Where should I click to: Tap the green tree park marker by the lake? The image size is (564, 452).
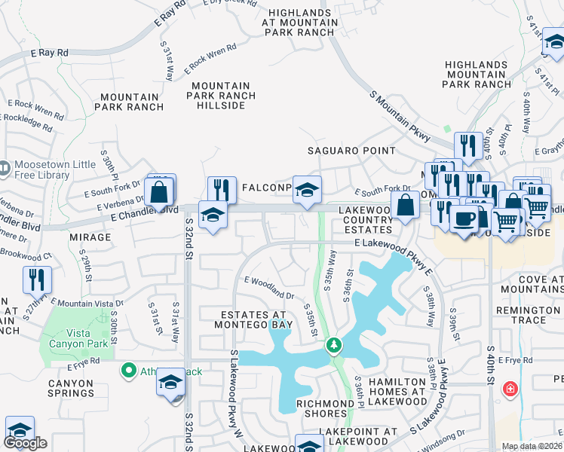pos(333,345)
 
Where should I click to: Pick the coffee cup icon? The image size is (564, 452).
pos(463,218)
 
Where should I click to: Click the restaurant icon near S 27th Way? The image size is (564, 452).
pos(37,280)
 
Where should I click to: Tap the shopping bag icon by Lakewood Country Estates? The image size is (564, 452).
pos(405,205)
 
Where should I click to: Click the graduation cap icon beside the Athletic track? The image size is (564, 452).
pos(170,382)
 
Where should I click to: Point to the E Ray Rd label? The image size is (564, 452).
pos(50,53)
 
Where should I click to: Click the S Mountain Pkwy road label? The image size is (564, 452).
pos(400,116)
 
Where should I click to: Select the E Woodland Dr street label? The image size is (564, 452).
pos(268,287)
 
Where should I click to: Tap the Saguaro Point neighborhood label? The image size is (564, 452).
pos(352,151)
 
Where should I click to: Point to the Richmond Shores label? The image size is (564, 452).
pos(325,409)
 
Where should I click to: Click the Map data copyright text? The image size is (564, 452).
pos(532,446)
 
